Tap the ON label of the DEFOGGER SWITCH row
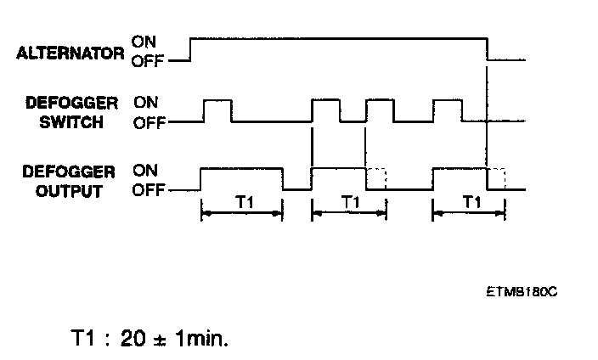click(x=146, y=101)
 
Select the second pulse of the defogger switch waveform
click(x=326, y=110)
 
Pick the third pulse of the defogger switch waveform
click(x=379, y=110)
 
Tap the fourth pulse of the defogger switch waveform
click(x=447, y=110)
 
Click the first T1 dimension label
click(x=244, y=202)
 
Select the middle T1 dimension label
click(x=350, y=202)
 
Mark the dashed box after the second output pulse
click(x=376, y=178)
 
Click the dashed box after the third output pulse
click(x=496, y=178)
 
